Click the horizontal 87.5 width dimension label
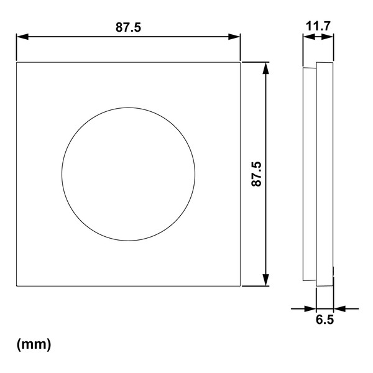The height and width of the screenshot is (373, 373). (128, 27)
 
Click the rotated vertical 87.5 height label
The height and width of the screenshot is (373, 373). (256, 174)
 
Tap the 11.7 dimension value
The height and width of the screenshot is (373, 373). (318, 26)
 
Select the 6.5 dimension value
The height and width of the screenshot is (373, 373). (325, 320)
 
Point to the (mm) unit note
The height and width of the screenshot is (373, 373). (34, 344)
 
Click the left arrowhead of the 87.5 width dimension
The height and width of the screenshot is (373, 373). (22, 37)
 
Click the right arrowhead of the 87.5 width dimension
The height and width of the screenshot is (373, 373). (234, 37)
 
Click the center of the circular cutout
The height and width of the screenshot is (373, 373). (129, 174)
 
